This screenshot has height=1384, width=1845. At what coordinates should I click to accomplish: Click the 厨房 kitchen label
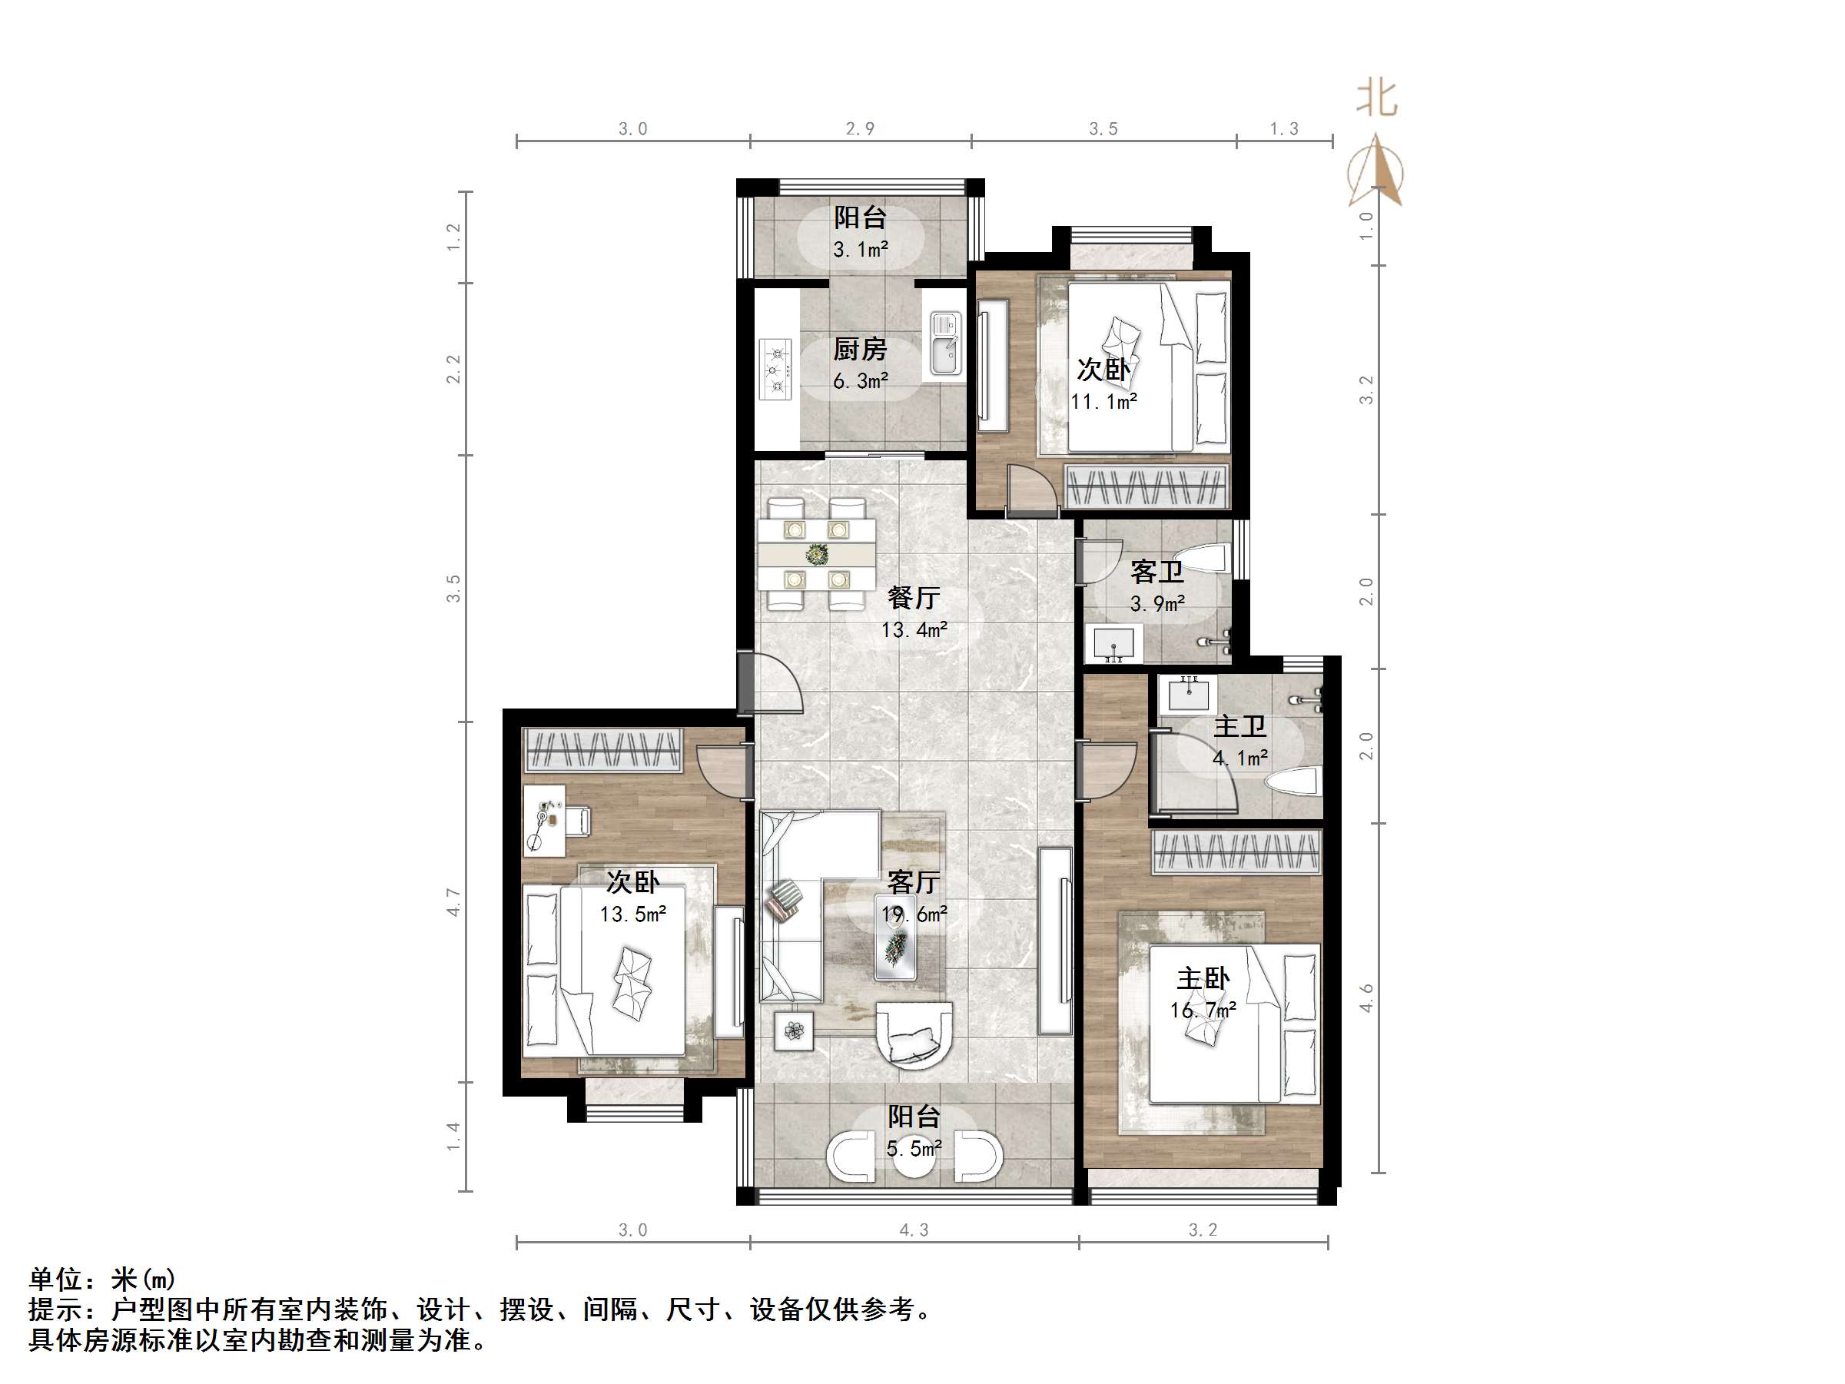(x=860, y=349)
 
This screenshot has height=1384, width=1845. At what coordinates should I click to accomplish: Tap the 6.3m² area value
(x=860, y=381)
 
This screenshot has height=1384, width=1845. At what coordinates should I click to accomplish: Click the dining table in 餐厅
(x=817, y=554)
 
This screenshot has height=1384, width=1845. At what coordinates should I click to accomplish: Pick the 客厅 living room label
(x=914, y=881)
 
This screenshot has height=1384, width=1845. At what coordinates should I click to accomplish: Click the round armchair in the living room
(x=914, y=1035)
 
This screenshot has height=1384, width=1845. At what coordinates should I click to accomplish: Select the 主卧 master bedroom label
(x=1203, y=978)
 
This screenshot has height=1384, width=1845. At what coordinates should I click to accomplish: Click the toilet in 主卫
(x=1292, y=782)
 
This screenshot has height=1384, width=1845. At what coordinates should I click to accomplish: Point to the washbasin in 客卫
(x=1113, y=643)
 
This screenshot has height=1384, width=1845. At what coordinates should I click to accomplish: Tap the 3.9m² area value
(x=1158, y=604)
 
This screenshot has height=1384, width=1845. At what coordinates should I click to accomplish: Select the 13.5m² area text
(x=633, y=914)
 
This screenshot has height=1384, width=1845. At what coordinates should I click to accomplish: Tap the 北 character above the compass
(x=1377, y=98)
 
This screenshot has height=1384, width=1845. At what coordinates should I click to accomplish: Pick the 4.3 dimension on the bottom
(x=914, y=1230)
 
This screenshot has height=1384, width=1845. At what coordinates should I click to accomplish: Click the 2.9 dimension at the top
(x=860, y=128)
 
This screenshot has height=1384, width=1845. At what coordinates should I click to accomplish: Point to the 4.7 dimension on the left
(x=453, y=902)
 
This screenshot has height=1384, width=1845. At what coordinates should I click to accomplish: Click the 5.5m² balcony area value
(x=914, y=1149)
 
